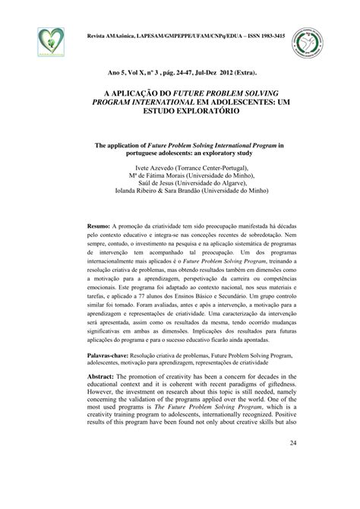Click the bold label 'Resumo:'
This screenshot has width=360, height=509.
pyautogui.click(x=98, y=226)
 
